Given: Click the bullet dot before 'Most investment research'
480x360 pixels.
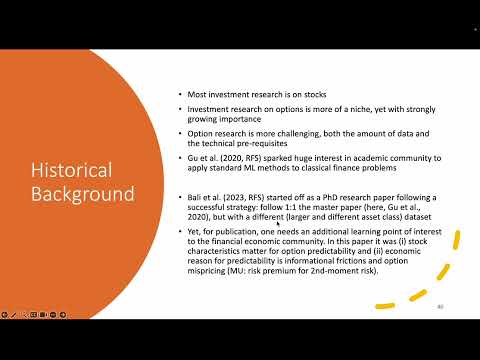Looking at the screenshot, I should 178,93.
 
